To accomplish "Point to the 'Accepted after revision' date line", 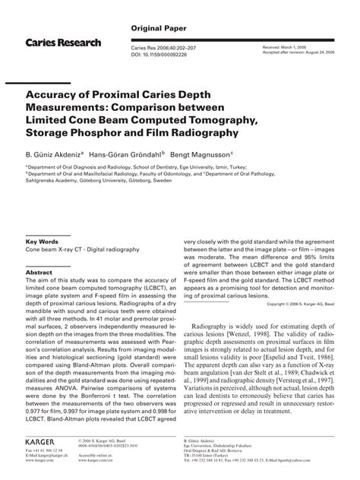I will [x=289, y=55].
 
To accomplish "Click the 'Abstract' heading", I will [x=39, y=271].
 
